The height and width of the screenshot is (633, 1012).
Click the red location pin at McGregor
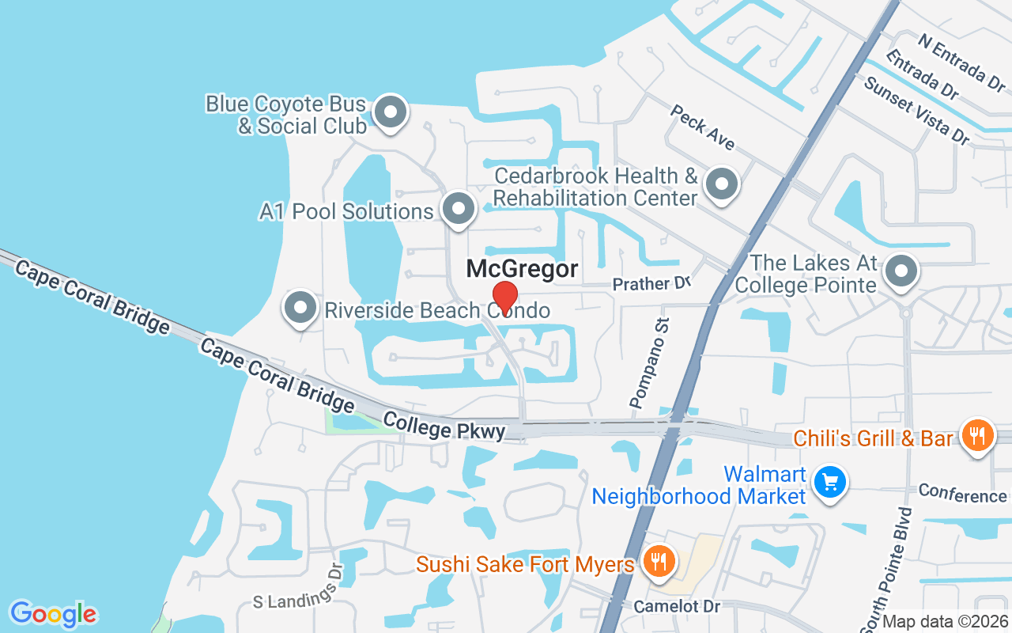(x=504, y=298)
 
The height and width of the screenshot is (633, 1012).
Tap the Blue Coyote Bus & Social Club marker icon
(x=389, y=113)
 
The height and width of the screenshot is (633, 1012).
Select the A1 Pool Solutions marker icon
(x=458, y=210)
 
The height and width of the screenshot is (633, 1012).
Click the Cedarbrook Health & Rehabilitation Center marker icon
(x=721, y=186)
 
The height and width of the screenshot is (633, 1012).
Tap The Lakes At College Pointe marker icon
(x=901, y=272)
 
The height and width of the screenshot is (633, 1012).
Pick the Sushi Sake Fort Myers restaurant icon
(x=657, y=563)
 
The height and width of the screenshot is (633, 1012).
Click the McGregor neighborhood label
(x=522, y=269)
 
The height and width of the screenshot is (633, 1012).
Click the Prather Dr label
(x=652, y=283)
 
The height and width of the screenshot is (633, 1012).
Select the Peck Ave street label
(x=702, y=127)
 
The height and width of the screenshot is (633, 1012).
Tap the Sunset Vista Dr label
(x=917, y=110)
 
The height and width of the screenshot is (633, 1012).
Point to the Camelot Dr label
(x=678, y=606)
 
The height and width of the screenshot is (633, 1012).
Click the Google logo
(x=54, y=613)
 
